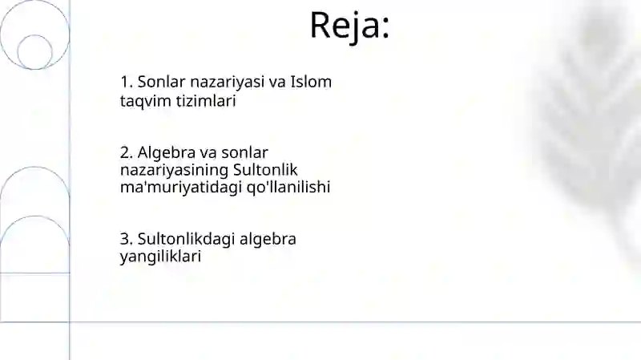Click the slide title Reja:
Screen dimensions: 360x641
(349, 25)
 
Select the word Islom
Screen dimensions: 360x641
(311, 82)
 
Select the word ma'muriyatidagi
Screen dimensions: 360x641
(170, 187)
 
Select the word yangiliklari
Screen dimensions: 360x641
(159, 257)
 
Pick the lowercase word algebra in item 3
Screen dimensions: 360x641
(268, 239)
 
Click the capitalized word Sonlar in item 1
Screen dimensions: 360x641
(162, 82)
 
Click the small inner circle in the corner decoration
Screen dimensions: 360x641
(34, 51)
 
